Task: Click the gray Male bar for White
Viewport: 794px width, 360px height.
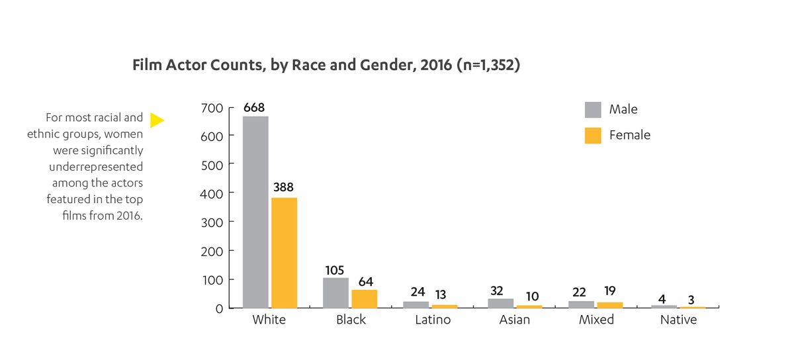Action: click(255, 212)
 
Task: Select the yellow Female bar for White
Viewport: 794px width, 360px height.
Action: click(284, 253)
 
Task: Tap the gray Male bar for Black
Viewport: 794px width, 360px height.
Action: click(335, 292)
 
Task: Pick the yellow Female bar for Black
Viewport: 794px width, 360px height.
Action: click(365, 298)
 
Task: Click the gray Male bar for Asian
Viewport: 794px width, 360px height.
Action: click(501, 303)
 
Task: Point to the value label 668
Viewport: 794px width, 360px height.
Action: click(255, 107)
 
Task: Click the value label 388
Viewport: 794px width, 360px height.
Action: click(285, 188)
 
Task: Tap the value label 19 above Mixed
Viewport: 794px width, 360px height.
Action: click(609, 292)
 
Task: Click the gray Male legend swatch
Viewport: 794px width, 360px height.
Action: click(593, 109)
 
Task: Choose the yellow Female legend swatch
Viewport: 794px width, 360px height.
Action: click(593, 135)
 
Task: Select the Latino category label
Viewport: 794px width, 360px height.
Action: click(433, 320)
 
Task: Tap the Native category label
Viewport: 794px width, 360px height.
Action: click(678, 320)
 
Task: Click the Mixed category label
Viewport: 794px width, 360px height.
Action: click(596, 320)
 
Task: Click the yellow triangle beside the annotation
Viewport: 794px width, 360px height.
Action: click(157, 120)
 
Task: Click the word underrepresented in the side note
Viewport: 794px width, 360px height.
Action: click(96, 167)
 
